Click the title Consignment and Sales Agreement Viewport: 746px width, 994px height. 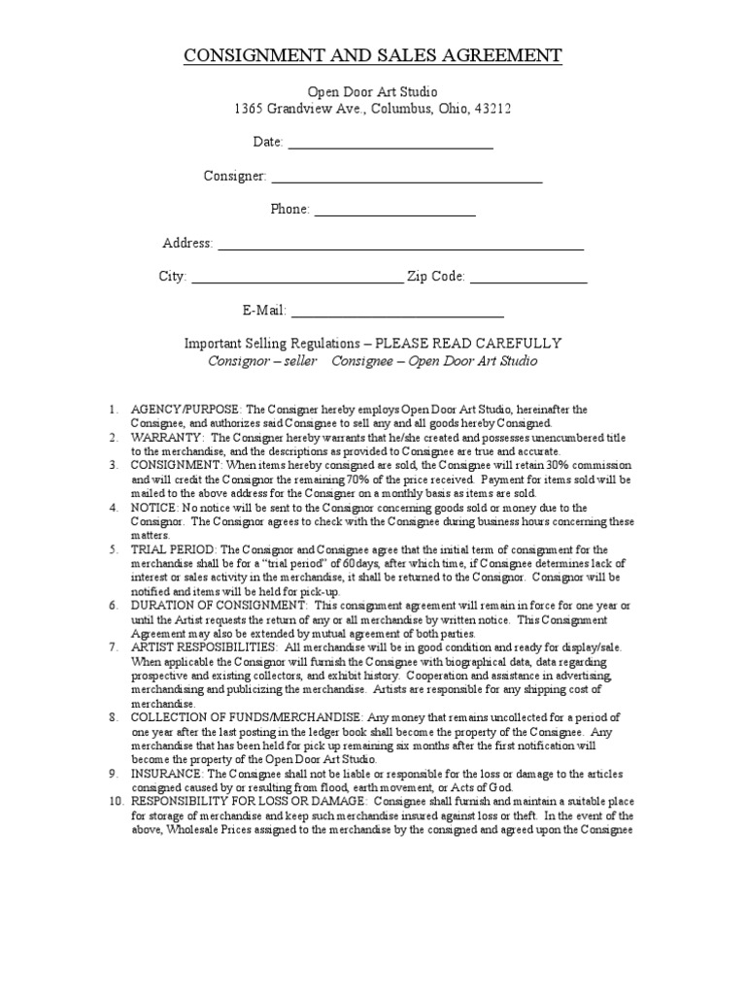point(373,55)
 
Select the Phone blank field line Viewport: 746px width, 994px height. point(394,212)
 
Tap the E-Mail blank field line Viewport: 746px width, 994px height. point(397,314)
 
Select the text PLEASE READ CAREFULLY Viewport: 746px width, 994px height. point(468,344)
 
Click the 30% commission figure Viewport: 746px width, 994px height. point(568,466)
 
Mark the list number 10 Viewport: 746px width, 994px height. point(115,802)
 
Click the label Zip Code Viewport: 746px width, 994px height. point(436,277)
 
